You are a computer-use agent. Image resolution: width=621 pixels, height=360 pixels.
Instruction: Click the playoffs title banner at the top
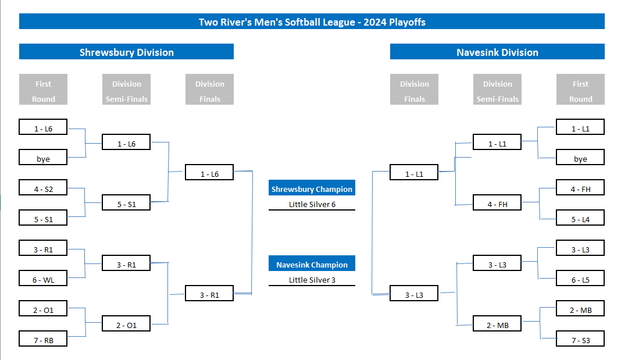coord(312,22)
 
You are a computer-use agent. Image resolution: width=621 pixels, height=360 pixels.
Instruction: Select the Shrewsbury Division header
coord(126,52)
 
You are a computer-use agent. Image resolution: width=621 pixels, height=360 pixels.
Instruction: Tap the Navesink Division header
coord(497,52)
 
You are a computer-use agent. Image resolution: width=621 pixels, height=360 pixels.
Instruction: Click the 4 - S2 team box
coord(43,188)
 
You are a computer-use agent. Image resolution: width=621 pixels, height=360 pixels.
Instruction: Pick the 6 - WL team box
coord(43,279)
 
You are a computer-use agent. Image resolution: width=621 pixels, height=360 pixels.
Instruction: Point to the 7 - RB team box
coord(43,339)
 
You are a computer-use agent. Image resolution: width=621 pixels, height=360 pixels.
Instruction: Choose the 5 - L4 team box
coord(580,218)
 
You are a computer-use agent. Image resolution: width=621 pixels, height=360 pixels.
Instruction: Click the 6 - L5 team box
coord(580,279)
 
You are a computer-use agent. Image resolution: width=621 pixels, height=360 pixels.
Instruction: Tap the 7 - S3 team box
coord(580,339)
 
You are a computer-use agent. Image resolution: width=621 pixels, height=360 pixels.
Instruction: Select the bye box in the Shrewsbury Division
coord(43,157)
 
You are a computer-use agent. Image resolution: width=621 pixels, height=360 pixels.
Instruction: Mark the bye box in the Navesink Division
coord(580,157)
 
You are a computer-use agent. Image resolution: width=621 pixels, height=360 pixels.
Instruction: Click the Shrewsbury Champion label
coord(312,188)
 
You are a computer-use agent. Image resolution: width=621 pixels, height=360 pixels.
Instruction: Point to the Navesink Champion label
coord(312,264)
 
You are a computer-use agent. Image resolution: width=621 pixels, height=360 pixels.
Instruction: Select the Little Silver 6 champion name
coord(312,204)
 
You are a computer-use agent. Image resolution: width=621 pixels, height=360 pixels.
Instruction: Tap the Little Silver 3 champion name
coord(312,280)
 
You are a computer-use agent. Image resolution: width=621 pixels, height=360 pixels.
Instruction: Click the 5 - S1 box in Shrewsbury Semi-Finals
coord(126,203)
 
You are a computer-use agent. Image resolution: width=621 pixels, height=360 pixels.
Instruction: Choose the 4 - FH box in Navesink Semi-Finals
coord(497,203)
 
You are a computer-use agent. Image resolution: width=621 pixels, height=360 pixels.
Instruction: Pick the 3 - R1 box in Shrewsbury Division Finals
coord(209,294)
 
